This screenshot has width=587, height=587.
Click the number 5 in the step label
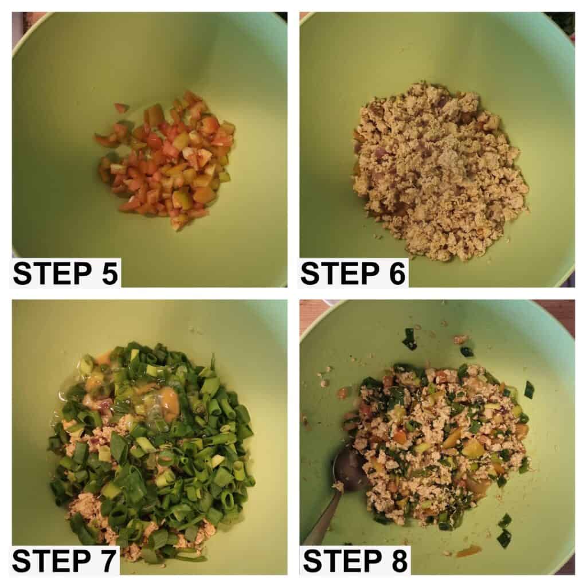109,273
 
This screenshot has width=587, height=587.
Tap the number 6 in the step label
397,273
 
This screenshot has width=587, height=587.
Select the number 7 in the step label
107,561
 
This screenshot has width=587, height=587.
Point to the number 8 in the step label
398,561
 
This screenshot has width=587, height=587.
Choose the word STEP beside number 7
52,561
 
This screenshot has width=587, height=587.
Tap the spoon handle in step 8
325,516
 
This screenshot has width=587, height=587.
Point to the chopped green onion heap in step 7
154,449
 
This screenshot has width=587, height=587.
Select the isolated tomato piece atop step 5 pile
120,108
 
